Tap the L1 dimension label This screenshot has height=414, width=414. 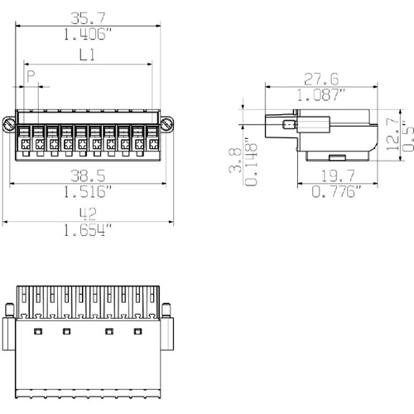[x=87, y=55]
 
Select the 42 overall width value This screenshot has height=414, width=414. [x=87, y=214]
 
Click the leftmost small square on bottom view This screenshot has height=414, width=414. [x=37, y=331]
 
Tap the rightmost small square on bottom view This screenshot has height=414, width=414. [x=138, y=331]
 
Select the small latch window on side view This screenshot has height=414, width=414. [x=288, y=126]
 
